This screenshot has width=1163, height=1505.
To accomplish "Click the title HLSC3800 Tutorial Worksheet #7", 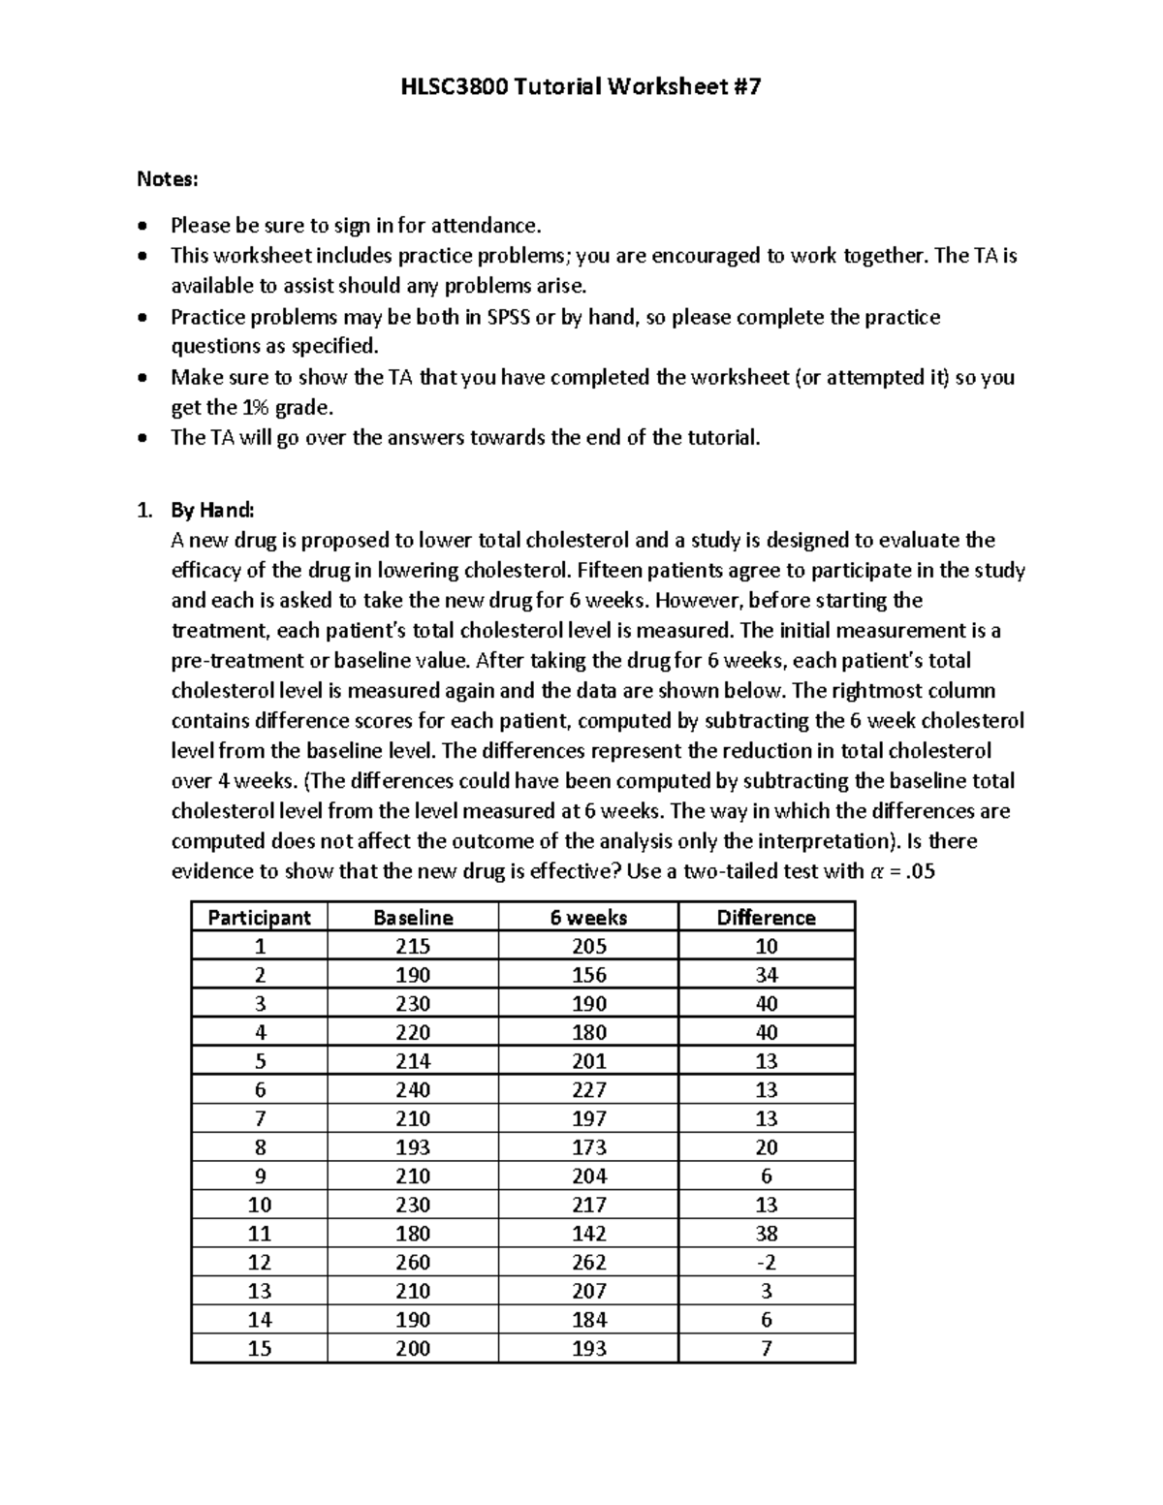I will click(581, 87).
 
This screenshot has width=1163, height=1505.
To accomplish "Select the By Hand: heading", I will click(211, 510).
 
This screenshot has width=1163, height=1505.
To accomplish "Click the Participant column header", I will click(259, 918).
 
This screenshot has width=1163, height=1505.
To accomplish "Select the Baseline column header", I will click(413, 918).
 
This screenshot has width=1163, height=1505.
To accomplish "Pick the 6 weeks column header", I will click(588, 918).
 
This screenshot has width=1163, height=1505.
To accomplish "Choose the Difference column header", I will click(766, 918).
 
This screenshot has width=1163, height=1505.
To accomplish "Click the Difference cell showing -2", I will click(766, 1262).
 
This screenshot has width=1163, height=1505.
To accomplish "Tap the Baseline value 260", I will click(413, 1262).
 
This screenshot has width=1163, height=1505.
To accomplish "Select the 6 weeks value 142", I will click(588, 1234).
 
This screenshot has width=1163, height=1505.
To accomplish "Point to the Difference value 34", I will click(766, 975).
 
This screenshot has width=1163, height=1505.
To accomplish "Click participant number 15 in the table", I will click(259, 1348).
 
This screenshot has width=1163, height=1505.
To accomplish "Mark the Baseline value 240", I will click(413, 1089).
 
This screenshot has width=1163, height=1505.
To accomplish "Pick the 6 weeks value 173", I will click(588, 1147).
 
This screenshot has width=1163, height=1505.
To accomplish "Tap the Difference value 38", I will click(766, 1234).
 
